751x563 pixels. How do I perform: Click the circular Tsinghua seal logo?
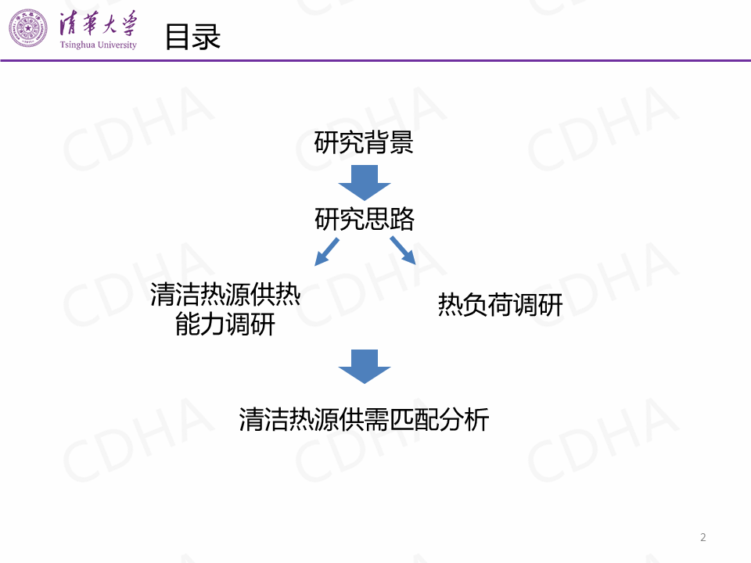point(28,29)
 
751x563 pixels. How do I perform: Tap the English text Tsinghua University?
point(98,45)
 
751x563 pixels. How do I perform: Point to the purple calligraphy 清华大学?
point(98,24)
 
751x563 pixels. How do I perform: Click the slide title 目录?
point(192,37)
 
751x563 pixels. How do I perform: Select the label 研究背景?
point(364,143)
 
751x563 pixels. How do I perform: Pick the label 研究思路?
point(364,220)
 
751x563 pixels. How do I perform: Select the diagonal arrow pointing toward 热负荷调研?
point(402,249)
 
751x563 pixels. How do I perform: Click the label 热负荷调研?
point(500,305)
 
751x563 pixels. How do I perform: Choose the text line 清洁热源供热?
point(225,295)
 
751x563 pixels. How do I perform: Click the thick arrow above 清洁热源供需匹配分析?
point(364,366)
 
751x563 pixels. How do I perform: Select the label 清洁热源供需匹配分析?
point(364,419)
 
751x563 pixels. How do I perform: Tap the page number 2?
point(702,537)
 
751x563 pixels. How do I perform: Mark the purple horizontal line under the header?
point(375,60)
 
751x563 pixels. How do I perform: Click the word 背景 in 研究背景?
point(389,143)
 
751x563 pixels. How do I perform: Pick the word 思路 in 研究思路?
point(389,220)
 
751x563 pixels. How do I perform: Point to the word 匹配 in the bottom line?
point(414,419)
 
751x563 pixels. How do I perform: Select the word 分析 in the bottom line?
point(464,419)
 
